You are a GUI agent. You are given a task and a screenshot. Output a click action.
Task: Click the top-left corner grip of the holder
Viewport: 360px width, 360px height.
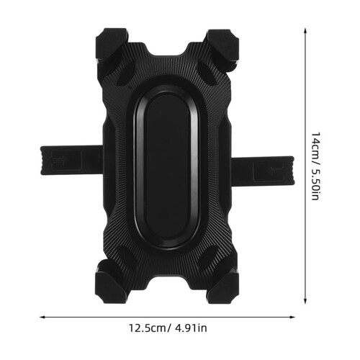(x=112, y=47)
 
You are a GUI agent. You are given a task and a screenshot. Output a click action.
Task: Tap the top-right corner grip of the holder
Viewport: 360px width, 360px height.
(x=223, y=47)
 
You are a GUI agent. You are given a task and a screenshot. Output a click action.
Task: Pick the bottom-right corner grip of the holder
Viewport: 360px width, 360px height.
(x=223, y=284)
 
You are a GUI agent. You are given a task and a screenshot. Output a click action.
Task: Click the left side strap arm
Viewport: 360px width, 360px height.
(x=72, y=160)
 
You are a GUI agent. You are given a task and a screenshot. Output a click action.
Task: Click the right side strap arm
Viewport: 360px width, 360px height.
(x=263, y=171)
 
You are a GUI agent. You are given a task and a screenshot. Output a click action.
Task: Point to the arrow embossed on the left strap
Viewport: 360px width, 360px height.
(x=60, y=160)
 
